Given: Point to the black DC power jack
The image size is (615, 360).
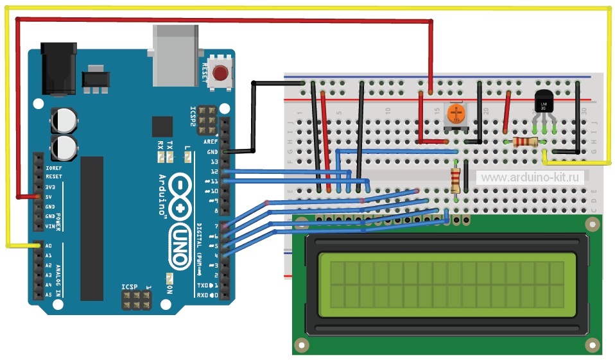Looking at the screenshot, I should [58, 67].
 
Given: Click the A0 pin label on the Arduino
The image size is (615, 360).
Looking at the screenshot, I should [49, 246].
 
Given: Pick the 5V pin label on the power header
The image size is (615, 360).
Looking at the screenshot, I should [49, 196].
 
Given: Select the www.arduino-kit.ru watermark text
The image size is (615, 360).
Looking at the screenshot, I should [530, 177].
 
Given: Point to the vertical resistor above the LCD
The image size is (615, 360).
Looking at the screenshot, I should [456, 180].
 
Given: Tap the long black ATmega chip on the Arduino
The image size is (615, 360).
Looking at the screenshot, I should [91, 228].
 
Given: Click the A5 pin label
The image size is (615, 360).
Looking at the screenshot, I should [49, 295].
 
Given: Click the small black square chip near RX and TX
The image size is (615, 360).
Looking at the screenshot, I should [163, 126].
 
